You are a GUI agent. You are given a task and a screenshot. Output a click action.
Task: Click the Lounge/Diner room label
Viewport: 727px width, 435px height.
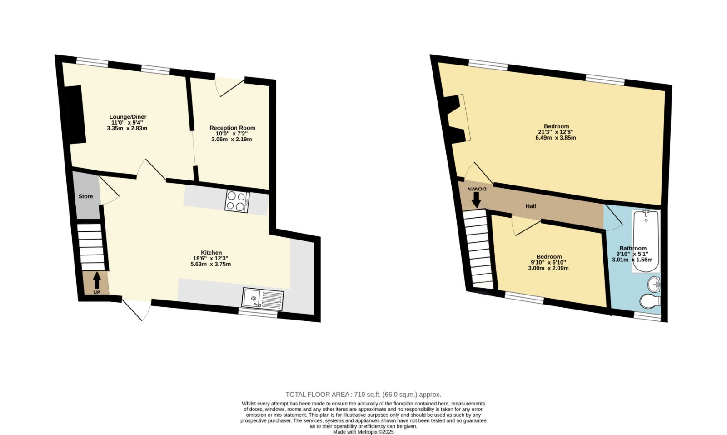(128, 117)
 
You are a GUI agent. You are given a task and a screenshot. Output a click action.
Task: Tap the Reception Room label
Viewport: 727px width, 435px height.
(232, 128)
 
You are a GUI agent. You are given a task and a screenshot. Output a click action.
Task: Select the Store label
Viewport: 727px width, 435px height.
(86, 196)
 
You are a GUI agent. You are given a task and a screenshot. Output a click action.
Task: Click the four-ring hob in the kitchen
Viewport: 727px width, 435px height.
(237, 202)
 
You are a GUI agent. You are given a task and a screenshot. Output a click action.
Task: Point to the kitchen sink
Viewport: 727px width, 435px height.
(263, 299)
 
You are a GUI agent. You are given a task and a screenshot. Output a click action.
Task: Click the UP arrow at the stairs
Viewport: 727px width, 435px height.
(97, 280)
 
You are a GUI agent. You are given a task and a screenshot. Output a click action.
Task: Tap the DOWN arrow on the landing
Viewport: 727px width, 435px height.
(477, 200)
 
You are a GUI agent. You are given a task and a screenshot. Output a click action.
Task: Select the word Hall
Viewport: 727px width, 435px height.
(531, 206)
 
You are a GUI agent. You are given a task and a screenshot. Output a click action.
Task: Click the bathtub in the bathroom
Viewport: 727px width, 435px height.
(646, 241)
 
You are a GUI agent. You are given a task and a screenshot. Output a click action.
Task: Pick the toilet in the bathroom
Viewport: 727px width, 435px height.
(650, 300)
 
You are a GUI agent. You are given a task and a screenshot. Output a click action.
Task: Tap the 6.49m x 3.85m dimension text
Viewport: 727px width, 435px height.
(556, 138)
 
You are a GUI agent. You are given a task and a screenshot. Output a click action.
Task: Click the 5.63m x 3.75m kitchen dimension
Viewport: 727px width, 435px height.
(211, 264)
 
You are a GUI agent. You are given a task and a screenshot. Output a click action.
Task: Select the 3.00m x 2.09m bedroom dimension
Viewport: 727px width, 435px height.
(548, 268)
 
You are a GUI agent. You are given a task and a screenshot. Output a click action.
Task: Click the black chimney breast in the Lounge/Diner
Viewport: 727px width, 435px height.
(75, 114)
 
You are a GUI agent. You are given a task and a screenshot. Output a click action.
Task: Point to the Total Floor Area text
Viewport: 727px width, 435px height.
(363, 395)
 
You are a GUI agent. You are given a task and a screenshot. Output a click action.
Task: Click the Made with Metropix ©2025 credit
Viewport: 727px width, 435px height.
(363, 432)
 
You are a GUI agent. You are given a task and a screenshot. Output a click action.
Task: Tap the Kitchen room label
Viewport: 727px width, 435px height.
(211, 253)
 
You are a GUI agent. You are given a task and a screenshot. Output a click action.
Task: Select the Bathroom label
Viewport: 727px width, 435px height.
(633, 248)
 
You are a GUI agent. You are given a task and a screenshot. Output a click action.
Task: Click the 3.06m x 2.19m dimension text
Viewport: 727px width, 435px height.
(231, 139)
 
